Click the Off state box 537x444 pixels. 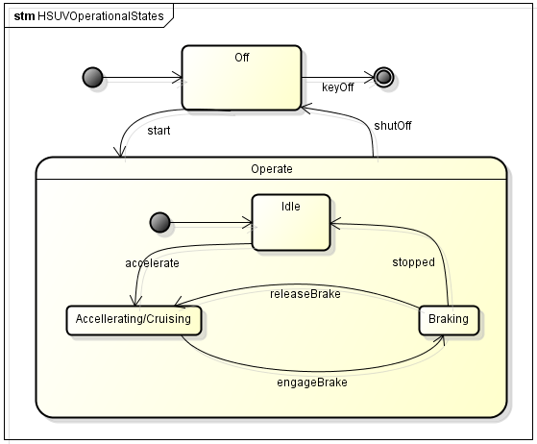click(x=241, y=78)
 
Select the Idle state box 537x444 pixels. click(x=291, y=222)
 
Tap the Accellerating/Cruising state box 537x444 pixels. click(x=134, y=320)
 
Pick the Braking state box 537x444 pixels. click(x=449, y=320)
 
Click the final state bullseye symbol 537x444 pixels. click(x=383, y=77)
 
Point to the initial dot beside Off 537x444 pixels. click(x=92, y=77)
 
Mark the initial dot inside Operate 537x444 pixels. click(x=159, y=222)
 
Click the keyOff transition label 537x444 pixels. click(x=338, y=87)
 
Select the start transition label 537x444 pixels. click(x=159, y=131)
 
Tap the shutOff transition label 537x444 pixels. click(x=393, y=126)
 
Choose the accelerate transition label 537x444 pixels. click(x=152, y=263)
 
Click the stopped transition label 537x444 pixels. click(x=414, y=262)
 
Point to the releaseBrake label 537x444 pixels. click(x=305, y=294)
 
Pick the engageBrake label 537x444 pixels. click(x=312, y=382)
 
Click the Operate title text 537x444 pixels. click(x=272, y=169)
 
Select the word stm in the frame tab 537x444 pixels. click(x=24, y=16)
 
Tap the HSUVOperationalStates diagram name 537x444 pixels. click(x=101, y=16)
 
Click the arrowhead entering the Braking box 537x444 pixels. click(x=442, y=339)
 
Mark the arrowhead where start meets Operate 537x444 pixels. click(x=120, y=152)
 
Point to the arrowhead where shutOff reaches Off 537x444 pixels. click(x=305, y=109)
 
